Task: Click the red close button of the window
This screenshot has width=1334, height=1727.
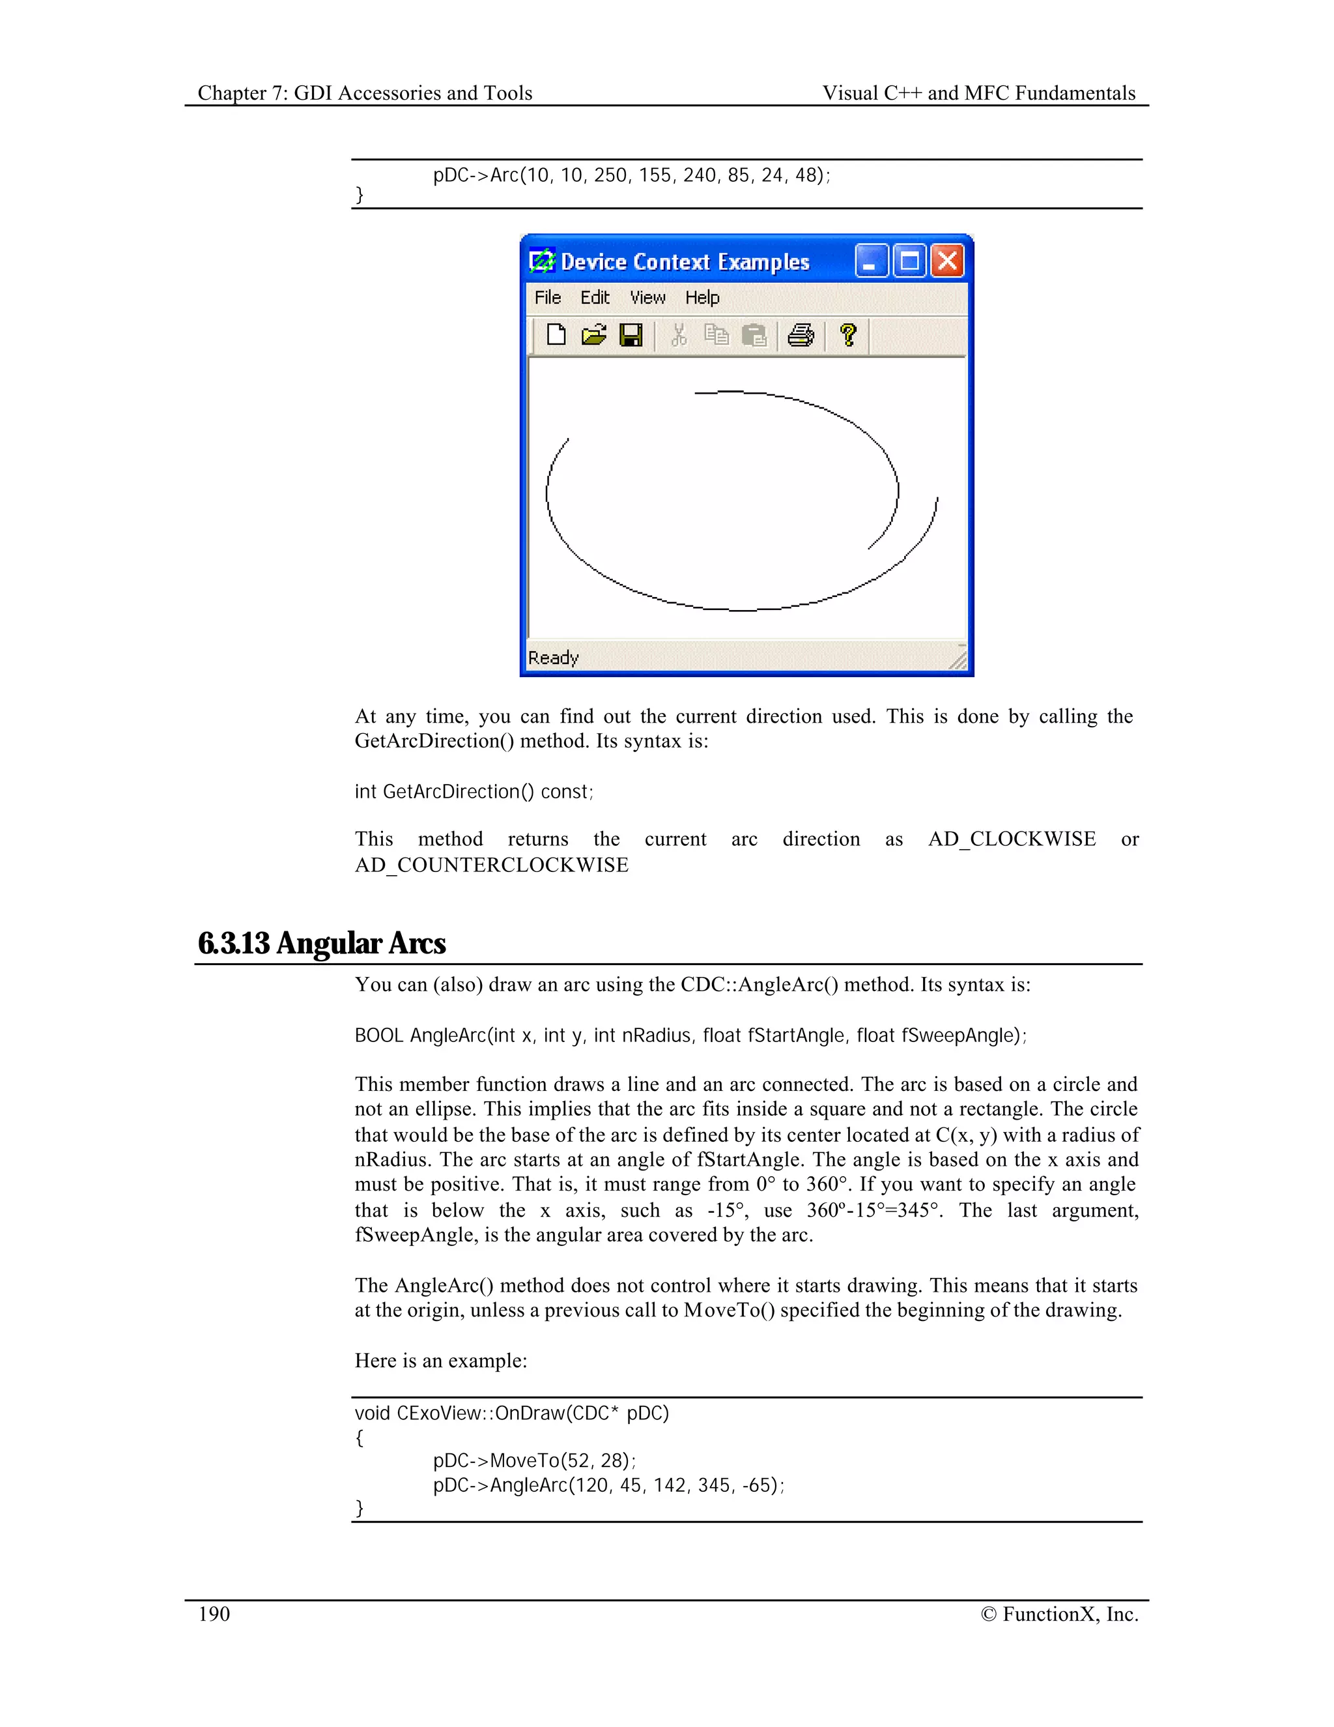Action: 948,261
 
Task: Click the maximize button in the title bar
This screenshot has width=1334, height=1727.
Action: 909,261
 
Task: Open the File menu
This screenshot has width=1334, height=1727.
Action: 548,297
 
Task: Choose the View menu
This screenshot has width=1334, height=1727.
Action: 647,297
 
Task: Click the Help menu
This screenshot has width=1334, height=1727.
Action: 702,297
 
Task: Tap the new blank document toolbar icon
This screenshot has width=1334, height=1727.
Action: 556,335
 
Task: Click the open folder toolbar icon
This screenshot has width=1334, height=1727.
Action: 593,335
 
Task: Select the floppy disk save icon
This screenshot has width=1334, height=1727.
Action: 631,335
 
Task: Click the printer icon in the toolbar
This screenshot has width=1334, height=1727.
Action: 801,335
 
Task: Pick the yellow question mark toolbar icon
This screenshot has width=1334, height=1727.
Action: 848,335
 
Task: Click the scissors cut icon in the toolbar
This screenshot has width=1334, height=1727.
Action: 678,335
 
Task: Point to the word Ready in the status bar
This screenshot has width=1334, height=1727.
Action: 553,658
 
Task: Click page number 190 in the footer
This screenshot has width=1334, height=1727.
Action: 214,1614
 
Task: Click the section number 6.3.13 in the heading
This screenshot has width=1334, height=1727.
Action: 234,944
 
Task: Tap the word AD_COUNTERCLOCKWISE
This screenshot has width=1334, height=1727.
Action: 492,865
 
